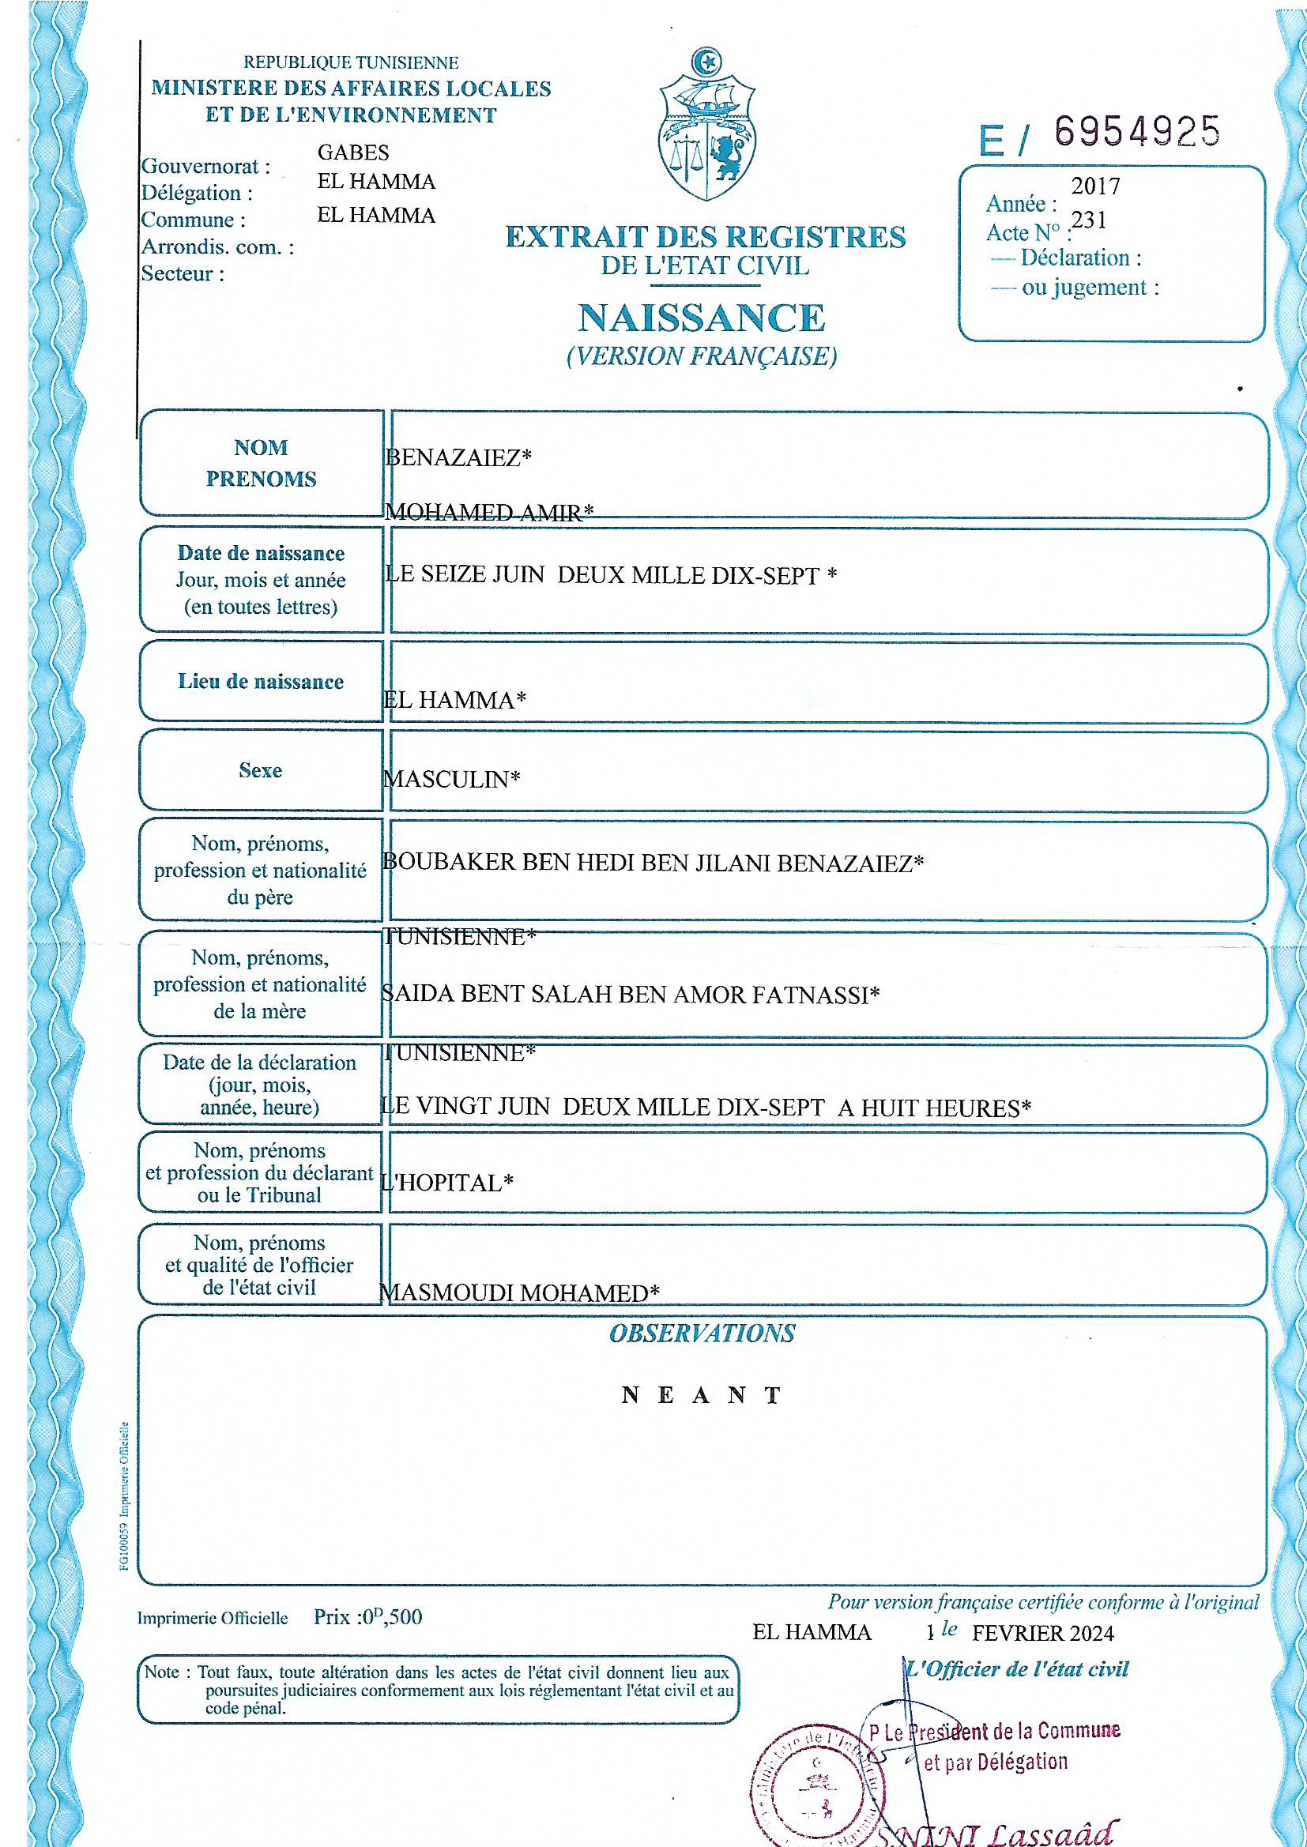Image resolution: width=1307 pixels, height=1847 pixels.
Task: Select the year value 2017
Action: pos(1095,186)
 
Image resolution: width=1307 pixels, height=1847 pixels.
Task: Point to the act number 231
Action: pos(1089,220)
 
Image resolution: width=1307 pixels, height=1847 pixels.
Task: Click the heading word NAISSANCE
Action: pos(702,318)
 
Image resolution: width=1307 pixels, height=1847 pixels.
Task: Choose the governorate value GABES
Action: pos(353,152)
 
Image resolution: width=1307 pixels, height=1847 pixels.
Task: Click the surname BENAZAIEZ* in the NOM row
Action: pos(459,457)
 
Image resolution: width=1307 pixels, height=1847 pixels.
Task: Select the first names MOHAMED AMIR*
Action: pos(489,513)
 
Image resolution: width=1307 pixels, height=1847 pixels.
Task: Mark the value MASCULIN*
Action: pos(451,779)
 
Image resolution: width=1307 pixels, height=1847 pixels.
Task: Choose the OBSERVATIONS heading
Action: pos(702,1334)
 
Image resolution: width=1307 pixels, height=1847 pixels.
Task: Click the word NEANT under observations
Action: pos(701,1396)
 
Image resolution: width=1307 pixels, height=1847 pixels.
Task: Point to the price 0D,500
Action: pos(389,1617)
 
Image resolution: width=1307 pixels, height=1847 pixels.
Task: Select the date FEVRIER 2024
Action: pos(1043,1632)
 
